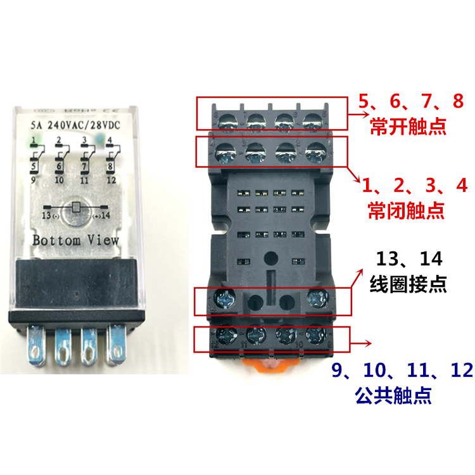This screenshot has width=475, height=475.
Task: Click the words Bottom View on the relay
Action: coord(75,241)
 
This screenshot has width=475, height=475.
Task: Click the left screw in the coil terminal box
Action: coord(225,298)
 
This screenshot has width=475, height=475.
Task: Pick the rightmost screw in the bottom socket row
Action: coord(315,334)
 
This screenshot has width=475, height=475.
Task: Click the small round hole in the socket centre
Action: coord(271,259)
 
